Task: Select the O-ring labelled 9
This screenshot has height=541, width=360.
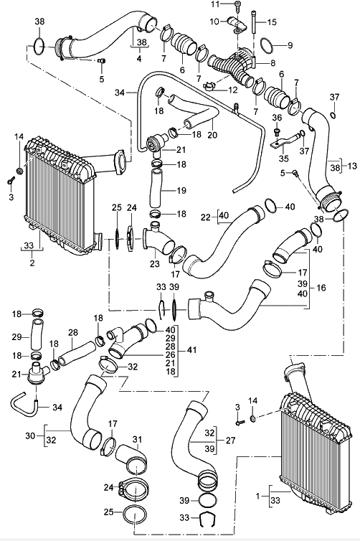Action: [x=267, y=45]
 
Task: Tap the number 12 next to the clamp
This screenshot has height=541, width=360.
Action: [x=233, y=90]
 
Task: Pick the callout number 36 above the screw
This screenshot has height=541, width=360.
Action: [x=277, y=118]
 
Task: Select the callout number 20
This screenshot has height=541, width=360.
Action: [x=212, y=134]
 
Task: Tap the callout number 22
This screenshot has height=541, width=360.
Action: [x=206, y=217]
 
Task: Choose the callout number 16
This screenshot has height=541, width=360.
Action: [x=321, y=288]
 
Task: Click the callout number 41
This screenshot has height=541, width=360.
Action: [x=191, y=350]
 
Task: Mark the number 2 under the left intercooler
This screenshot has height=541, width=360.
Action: [x=32, y=263]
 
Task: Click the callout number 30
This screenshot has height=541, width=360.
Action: [x=30, y=436]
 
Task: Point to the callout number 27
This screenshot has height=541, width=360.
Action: [x=230, y=441]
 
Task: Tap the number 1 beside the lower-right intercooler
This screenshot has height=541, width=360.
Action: [x=257, y=496]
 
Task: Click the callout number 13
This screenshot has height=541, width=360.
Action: [x=352, y=166]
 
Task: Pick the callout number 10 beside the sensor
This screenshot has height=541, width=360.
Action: [x=214, y=22]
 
